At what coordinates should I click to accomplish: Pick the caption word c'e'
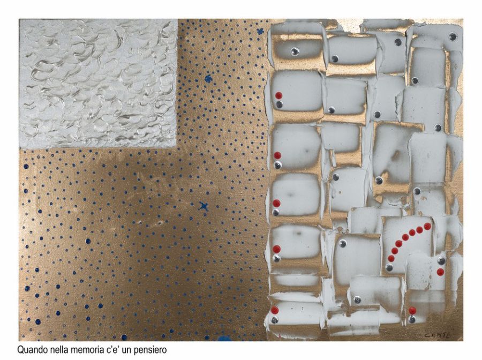coord(116,349)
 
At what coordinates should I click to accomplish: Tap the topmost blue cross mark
coord(260,31)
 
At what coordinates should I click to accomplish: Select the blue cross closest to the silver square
coord(208,79)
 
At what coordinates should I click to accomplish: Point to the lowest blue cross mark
coord(203,206)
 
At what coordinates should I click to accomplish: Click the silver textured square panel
coord(98,84)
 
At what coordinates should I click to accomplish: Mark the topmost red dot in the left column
coord(279,95)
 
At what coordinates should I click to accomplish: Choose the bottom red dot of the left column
coord(275,310)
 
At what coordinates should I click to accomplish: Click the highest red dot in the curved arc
coord(427,227)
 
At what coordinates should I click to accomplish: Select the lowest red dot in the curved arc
coord(391,259)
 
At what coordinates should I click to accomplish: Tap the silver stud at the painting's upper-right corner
coord(453,36)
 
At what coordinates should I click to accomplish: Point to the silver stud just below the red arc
coord(389,267)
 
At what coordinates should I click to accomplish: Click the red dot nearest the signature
coord(412,311)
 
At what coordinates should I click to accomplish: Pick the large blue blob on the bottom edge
coord(223,338)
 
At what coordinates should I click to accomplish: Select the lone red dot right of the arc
coord(440,272)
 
